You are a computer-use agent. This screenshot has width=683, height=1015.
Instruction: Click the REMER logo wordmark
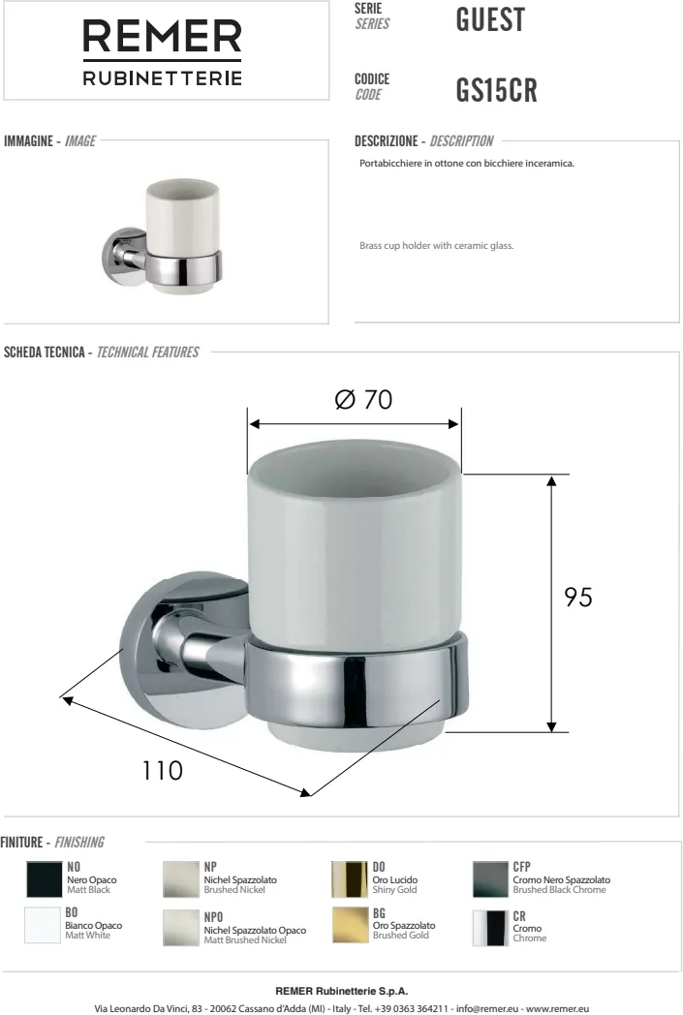(x=162, y=36)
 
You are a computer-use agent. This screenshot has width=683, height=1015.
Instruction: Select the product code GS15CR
(x=497, y=90)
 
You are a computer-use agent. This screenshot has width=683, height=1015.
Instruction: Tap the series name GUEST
(x=490, y=19)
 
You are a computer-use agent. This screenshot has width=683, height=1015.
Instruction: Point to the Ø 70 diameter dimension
(x=364, y=399)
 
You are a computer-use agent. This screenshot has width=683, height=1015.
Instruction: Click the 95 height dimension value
(x=578, y=597)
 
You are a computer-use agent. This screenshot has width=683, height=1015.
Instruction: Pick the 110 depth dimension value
(x=163, y=770)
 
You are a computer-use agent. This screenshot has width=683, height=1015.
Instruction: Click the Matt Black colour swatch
(x=44, y=879)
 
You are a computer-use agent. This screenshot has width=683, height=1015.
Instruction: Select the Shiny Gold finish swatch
(x=350, y=879)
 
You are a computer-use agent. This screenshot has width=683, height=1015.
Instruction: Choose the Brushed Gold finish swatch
(x=350, y=925)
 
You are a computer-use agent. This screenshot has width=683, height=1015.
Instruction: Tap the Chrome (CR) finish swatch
(x=490, y=928)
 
